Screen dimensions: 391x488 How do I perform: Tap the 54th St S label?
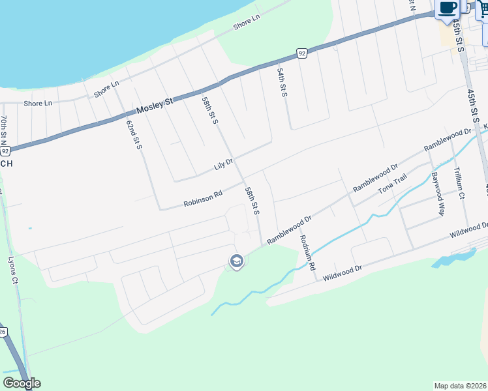[282, 82]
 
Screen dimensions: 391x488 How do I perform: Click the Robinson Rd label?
[203, 197]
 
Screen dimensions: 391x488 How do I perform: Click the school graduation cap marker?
[236, 262]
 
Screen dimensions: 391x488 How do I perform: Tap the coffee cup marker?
[448, 8]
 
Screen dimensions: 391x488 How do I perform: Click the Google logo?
[22, 383]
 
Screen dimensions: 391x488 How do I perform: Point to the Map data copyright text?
[460, 386]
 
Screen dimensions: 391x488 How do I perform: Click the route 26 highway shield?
[3, 331]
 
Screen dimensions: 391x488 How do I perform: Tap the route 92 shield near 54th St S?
[301, 53]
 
